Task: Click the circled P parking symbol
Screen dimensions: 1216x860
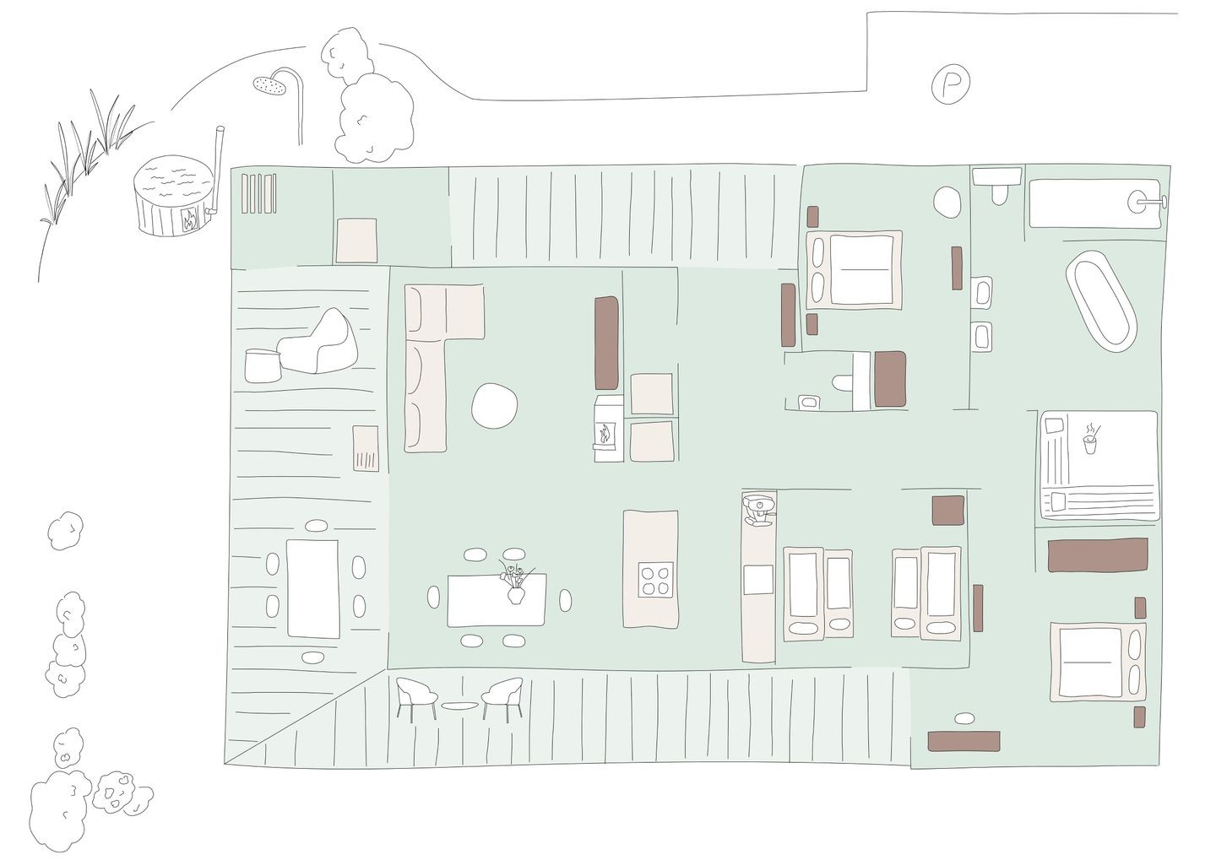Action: [950, 83]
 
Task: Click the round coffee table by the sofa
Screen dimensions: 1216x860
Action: [494, 405]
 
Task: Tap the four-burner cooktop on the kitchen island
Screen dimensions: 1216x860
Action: [656, 580]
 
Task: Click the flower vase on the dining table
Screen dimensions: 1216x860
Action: [516, 584]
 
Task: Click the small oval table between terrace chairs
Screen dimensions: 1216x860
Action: [459, 706]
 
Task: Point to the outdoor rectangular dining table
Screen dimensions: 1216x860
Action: [312, 588]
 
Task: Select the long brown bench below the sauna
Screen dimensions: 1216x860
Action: [1098, 554]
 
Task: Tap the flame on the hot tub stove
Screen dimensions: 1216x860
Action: [189, 220]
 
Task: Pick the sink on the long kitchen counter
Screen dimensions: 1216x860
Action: [758, 580]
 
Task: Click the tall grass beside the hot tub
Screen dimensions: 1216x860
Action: [87, 157]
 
